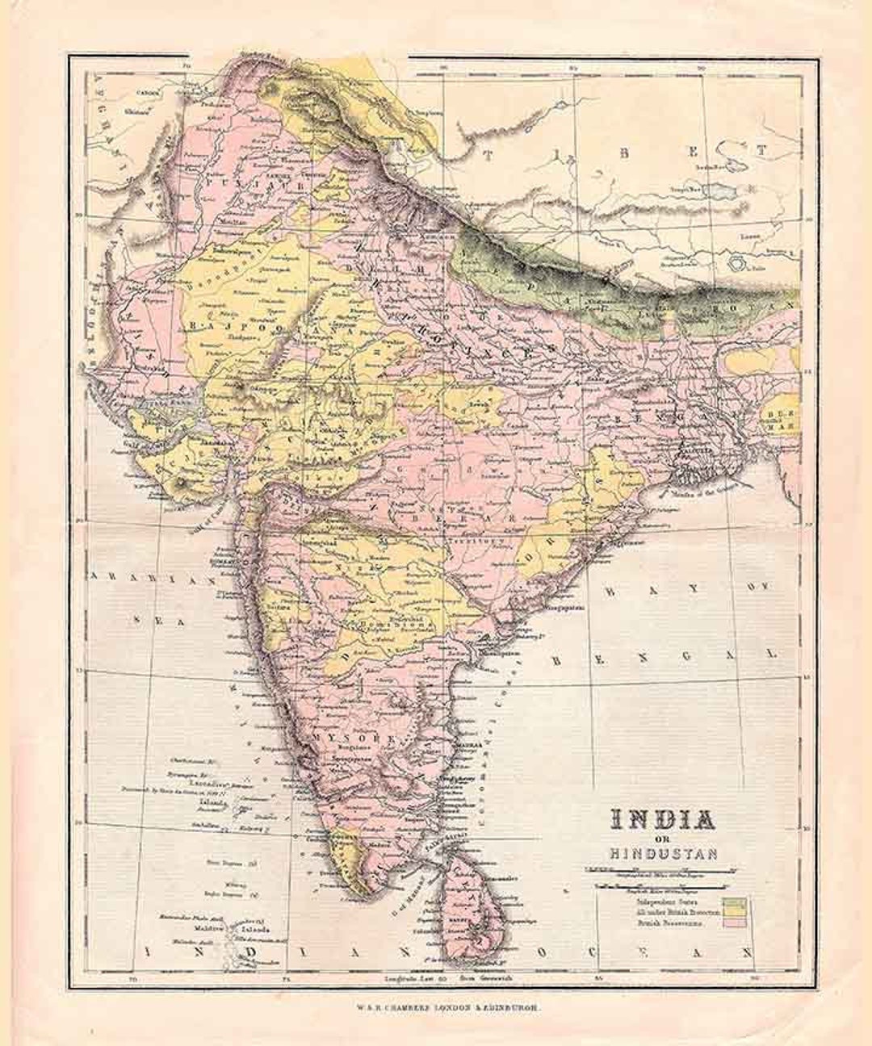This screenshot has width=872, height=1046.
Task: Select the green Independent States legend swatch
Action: pyautogui.click(x=736, y=900)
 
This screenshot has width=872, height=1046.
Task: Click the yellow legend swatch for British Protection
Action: pyautogui.click(x=736, y=910)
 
